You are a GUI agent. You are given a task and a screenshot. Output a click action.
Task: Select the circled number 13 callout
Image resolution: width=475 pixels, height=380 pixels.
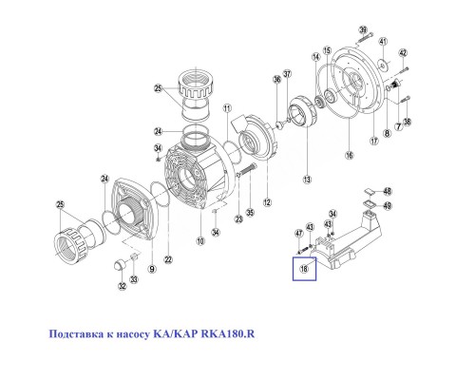pos(306,178)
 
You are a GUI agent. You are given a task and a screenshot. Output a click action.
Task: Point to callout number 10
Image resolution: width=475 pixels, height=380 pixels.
pos(199,242)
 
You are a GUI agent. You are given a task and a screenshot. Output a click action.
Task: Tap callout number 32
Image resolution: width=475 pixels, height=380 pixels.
pos(122,287)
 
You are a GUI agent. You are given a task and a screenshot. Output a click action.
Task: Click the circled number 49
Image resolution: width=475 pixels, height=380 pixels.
pos(388,205)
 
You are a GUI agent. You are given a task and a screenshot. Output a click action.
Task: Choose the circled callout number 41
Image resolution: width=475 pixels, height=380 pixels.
pos(382,43)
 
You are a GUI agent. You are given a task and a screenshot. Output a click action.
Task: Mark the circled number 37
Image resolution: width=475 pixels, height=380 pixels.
pos(288,74)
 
